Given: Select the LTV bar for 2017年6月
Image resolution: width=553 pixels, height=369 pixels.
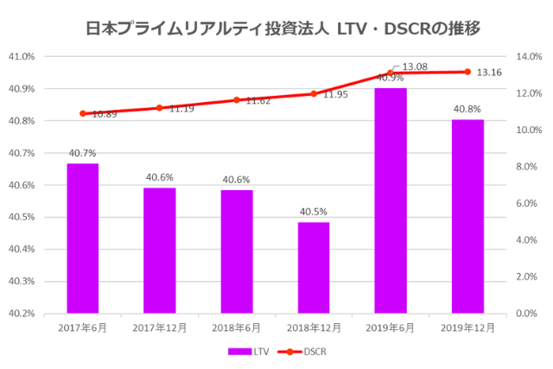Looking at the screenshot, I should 83,238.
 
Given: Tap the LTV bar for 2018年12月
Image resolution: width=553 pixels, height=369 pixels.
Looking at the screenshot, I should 314,267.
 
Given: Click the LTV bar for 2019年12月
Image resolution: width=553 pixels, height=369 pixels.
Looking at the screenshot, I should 467,216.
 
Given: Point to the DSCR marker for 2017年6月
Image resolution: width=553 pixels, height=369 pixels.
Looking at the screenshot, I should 83,113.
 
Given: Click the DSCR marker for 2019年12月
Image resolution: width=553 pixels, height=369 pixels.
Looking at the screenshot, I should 467,72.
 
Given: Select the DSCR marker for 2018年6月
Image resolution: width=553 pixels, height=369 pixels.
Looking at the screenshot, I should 237,100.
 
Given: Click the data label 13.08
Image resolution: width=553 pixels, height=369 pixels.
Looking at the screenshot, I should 415,66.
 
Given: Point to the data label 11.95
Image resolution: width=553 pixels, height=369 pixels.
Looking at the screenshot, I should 335,94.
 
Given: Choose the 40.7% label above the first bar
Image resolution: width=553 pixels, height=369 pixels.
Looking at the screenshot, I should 82,153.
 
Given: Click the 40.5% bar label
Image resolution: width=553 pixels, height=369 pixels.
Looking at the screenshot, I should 314,212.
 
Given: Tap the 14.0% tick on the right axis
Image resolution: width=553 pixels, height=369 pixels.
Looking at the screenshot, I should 527,57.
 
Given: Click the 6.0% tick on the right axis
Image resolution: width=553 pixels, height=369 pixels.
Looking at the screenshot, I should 525,204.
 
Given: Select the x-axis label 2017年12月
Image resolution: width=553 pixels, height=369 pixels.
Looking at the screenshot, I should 159,328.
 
